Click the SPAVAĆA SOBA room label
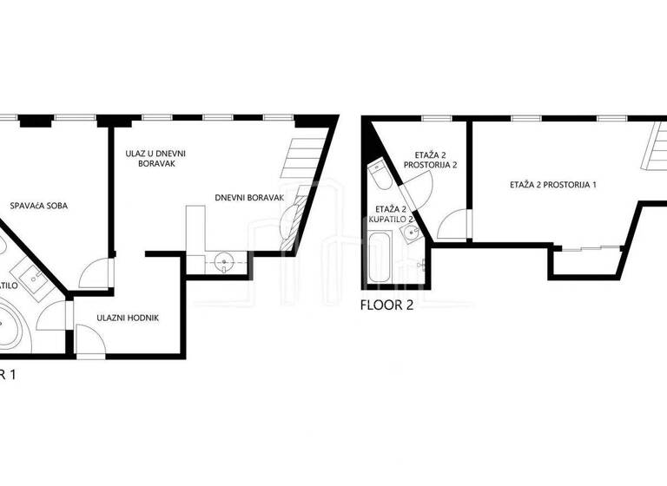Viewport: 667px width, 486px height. tap(39, 206)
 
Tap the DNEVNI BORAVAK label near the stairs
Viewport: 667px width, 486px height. tap(250, 198)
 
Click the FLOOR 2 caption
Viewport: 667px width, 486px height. tap(387, 305)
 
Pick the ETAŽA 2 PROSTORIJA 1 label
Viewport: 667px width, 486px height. tap(553, 185)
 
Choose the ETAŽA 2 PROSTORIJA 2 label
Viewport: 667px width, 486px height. tap(430, 158)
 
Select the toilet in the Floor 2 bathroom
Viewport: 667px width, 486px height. tap(379, 176)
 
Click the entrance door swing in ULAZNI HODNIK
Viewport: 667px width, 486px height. tap(90, 338)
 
